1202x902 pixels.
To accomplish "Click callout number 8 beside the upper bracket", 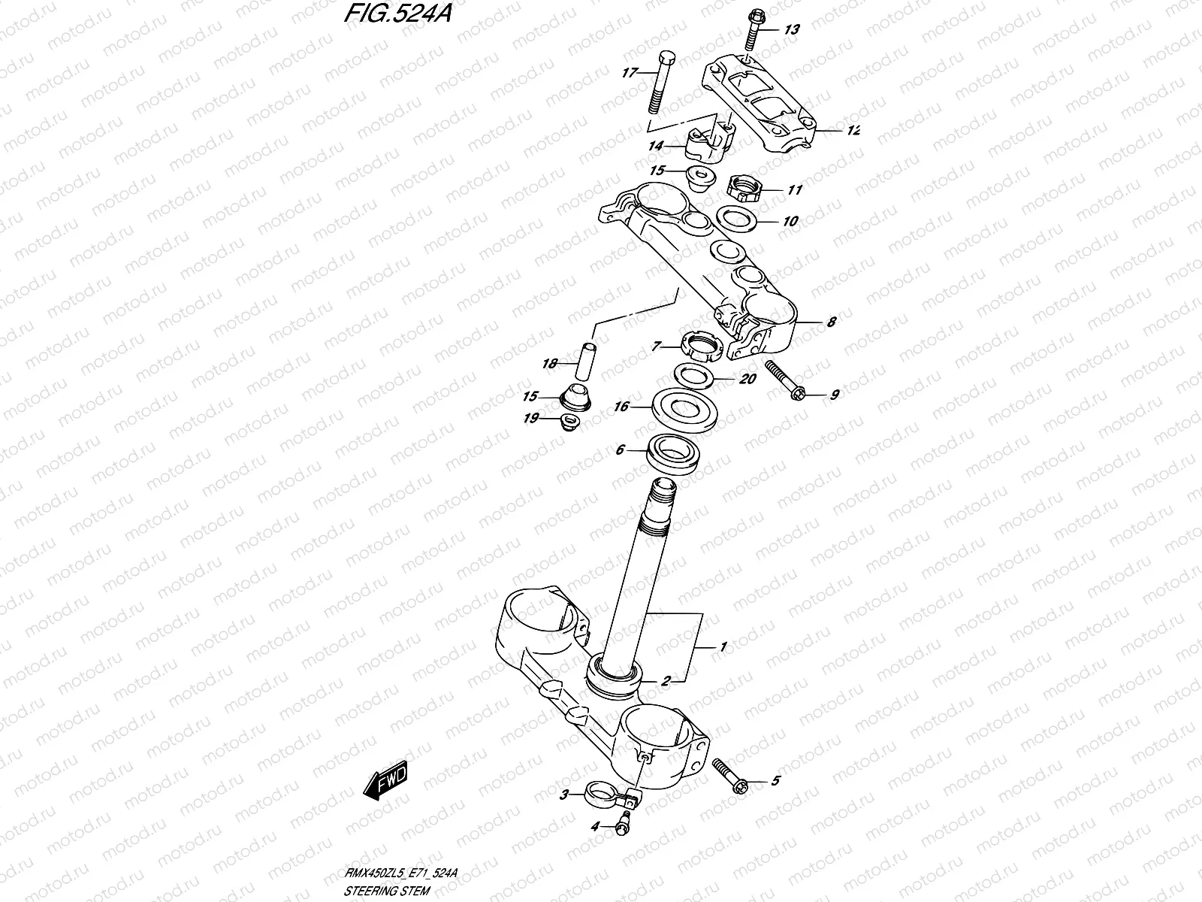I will click(x=830, y=323).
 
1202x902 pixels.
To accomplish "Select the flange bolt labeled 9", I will click(x=784, y=379).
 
